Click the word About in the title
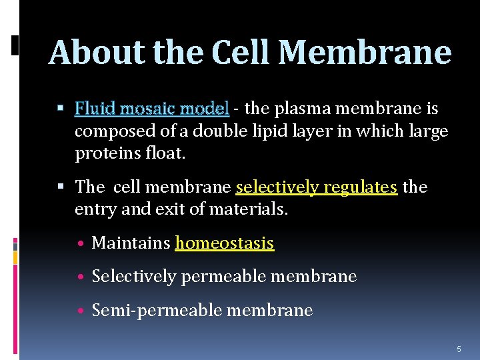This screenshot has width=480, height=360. point(97,53)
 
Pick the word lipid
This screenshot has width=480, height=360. point(269,132)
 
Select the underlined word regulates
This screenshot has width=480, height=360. point(361,187)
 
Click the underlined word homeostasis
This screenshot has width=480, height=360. point(224,243)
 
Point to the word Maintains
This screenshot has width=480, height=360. point(131,243)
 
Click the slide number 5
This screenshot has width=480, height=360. point(459,349)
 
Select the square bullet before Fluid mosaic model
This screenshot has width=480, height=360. point(61,107)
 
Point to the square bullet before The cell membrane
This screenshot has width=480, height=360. point(61,187)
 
